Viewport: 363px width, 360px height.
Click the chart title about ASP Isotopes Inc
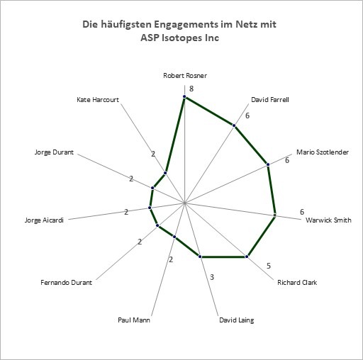179,31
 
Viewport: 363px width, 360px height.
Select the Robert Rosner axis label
185,76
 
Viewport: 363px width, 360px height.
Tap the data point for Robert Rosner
184,96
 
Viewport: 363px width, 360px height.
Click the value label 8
191,89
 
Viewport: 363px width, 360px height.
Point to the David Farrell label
270,100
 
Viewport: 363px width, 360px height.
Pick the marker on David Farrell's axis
234,125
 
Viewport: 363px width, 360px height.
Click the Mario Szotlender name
323,152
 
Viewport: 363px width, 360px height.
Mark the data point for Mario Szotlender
268,164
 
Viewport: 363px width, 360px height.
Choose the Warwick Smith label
328,220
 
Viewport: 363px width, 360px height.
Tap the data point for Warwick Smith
274,215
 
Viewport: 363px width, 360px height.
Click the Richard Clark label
297,283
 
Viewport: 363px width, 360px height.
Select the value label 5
269,266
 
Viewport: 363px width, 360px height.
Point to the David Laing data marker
200,257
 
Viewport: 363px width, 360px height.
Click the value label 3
212,277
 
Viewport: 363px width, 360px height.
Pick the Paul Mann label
134,320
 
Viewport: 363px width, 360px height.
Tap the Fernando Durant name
66,283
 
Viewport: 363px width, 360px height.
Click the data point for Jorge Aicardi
150,208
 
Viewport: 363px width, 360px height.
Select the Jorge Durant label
54,152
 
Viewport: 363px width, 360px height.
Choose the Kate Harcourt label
98,100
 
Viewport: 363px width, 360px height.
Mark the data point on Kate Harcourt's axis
165,173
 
